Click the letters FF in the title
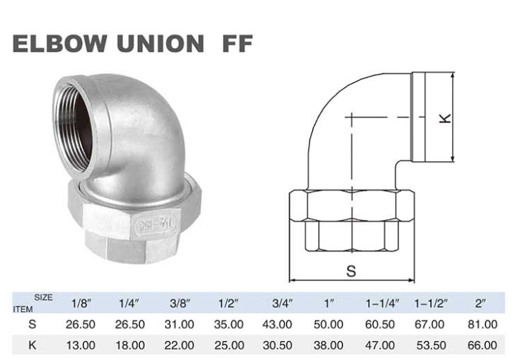tap(228, 44)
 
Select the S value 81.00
tap(483, 325)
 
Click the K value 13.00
tap(81, 346)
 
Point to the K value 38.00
tap(329, 346)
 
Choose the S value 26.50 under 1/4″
tap(130, 325)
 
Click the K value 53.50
tap(431, 346)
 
